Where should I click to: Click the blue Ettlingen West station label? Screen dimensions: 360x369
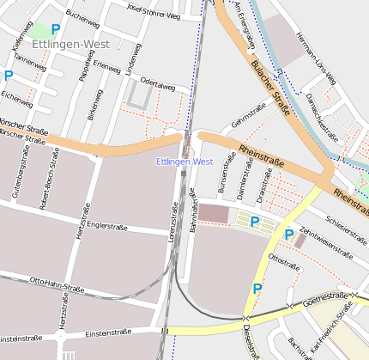click(184, 162)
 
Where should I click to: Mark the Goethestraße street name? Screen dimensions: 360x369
click(330, 296)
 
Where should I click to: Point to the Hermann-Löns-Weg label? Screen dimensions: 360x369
click(317, 58)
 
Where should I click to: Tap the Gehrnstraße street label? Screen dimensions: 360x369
click(246, 113)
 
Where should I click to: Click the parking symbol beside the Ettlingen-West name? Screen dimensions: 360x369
click(56, 29)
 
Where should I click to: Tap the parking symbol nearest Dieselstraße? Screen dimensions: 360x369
click(257, 290)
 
